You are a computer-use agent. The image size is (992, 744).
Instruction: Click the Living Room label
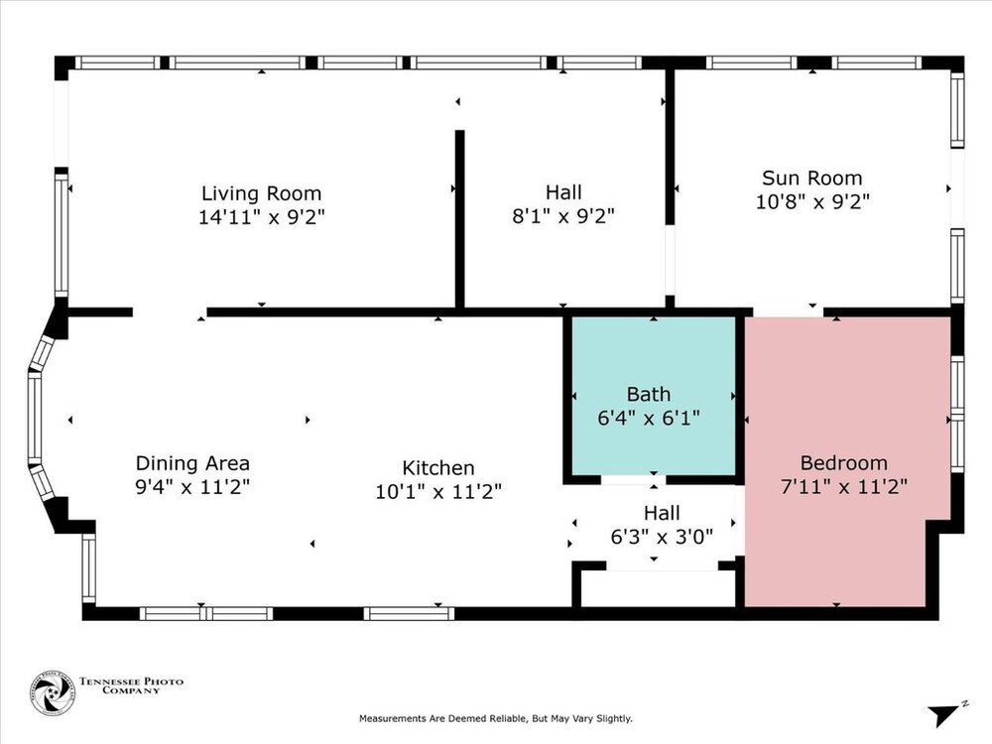point(261,193)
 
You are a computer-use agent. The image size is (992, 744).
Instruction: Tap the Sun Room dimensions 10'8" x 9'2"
point(812,201)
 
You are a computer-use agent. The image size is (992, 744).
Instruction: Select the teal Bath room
point(654,396)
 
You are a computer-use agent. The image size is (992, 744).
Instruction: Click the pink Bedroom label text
point(843,463)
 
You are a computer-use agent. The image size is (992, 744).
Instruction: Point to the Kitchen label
point(438,468)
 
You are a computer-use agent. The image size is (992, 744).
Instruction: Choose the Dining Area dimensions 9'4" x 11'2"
point(193,487)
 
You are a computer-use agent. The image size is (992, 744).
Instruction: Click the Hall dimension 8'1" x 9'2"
point(563,216)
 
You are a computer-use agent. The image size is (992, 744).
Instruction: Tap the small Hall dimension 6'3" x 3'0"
point(662,537)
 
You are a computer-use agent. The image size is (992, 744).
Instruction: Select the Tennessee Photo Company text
point(132,685)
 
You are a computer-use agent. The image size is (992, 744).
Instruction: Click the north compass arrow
point(946,713)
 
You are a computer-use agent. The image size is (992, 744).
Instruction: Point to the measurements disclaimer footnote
point(496,718)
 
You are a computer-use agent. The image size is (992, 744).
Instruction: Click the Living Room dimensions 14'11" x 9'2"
point(261,217)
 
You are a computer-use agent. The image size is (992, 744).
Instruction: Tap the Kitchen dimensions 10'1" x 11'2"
point(438,492)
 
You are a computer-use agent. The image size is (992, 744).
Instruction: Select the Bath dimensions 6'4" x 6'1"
point(649,419)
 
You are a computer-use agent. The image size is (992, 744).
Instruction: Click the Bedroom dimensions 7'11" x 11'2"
point(844,487)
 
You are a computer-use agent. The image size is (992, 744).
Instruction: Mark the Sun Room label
point(812,178)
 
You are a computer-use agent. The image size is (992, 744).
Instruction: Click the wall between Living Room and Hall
point(460,219)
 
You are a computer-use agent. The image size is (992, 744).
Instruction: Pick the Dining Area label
point(193,463)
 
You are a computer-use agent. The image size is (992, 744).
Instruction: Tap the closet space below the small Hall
point(658,589)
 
